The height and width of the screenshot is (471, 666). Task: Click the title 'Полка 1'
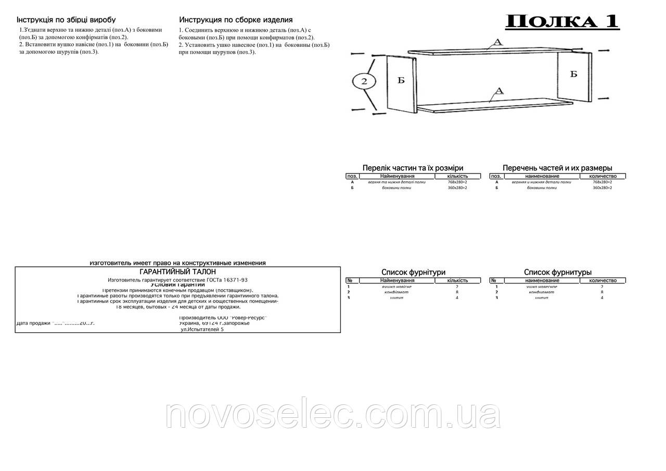point(562,21)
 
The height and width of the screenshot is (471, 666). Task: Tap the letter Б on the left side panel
point(401,81)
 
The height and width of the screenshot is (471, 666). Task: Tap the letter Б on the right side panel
point(573,74)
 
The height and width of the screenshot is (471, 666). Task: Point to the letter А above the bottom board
point(498,91)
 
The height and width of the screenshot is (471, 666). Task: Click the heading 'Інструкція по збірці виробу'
point(66,20)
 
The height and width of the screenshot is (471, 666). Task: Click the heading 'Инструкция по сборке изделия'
point(236,20)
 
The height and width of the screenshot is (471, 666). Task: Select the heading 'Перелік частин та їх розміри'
point(413,168)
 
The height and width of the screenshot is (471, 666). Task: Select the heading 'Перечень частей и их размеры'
point(557,168)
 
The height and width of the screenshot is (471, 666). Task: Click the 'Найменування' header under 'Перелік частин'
point(397,176)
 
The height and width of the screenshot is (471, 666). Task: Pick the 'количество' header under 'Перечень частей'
point(603,176)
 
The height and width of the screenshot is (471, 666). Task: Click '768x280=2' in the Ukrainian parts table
point(457,182)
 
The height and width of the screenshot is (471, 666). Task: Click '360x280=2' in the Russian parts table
point(602,188)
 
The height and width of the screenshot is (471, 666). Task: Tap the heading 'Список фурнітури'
point(413,272)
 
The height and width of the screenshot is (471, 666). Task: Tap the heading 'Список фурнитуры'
point(557,272)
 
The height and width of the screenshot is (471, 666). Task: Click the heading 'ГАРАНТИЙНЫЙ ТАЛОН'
point(178,271)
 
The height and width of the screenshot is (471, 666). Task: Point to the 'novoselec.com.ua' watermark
point(333,415)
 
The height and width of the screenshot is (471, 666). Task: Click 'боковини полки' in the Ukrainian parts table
point(396,188)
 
